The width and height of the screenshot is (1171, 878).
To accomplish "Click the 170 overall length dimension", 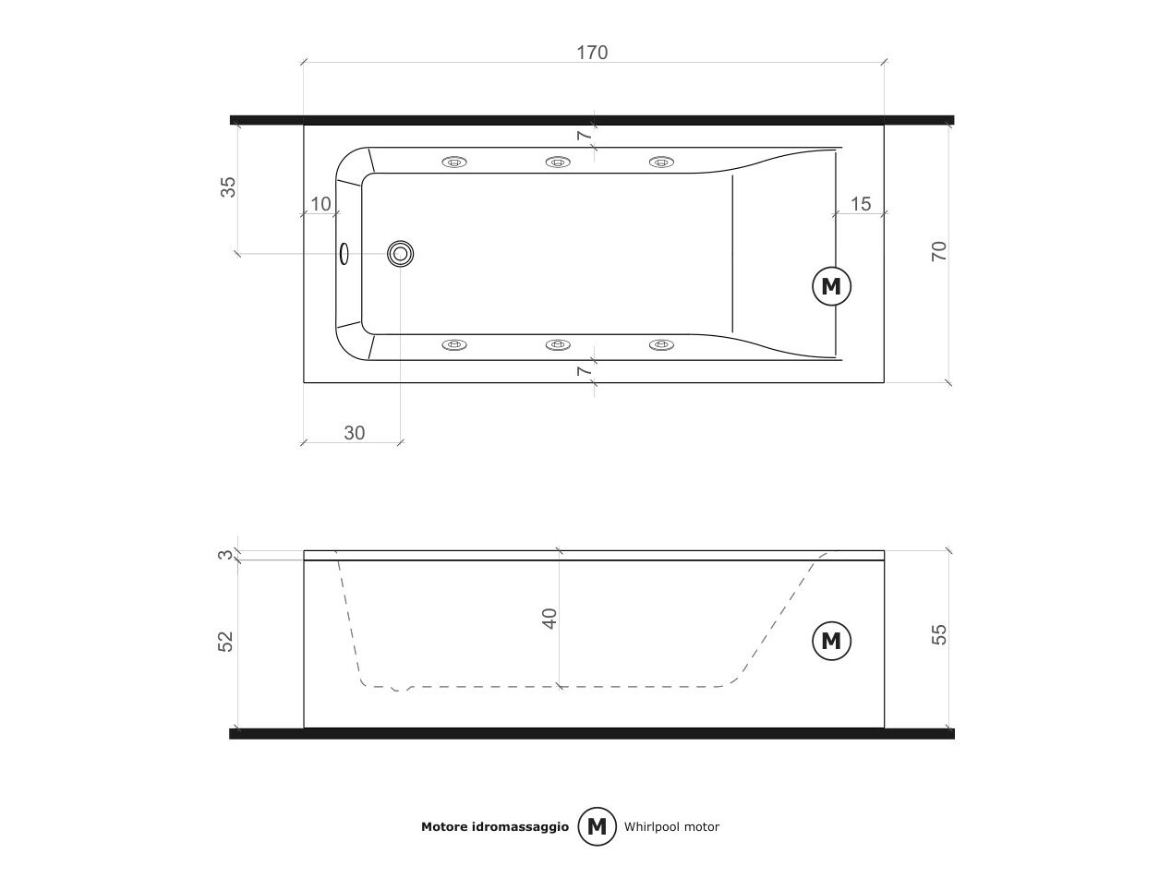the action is click(x=592, y=53).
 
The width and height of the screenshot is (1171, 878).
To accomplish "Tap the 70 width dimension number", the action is click(x=938, y=251).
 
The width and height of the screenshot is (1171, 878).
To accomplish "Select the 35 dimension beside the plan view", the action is click(x=228, y=187).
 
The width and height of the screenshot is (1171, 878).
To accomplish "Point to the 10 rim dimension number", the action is click(x=320, y=204).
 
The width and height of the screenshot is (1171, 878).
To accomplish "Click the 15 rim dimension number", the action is click(x=861, y=204).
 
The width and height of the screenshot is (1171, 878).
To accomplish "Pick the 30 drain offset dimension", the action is click(x=355, y=433).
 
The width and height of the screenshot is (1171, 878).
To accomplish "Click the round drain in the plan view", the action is click(x=400, y=254).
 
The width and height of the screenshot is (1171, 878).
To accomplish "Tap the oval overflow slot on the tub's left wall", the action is click(x=344, y=254).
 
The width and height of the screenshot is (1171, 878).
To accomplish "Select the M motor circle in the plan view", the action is click(x=831, y=286).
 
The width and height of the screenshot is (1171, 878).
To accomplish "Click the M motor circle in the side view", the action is click(x=831, y=641).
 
